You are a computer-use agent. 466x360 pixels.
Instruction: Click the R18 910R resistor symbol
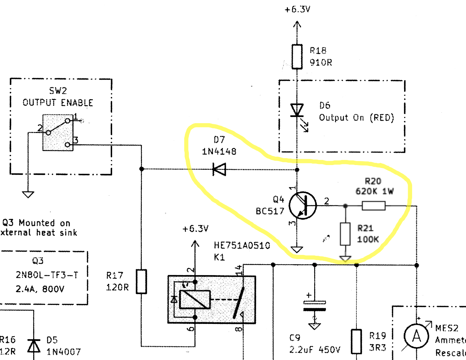click(297, 56)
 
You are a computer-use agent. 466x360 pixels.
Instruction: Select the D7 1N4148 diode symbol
click(219, 169)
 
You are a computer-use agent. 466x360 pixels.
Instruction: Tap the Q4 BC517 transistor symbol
click(303, 206)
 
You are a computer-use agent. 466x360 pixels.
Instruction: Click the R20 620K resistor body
click(374, 206)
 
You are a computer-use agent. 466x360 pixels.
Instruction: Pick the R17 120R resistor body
click(141, 282)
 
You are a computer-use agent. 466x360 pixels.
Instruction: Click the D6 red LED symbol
click(297, 111)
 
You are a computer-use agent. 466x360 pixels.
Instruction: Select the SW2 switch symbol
click(58, 132)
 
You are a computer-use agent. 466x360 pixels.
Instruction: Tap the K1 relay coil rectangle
click(195, 300)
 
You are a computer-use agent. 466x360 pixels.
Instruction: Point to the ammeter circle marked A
click(416, 336)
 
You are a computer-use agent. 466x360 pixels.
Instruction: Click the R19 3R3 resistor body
click(356, 341)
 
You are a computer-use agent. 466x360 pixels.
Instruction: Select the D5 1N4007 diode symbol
click(34, 345)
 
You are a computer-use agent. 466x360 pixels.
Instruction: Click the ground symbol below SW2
click(28, 194)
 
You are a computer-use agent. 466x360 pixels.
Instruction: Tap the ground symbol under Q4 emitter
click(297, 250)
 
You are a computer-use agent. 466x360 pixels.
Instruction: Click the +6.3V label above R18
click(297, 9)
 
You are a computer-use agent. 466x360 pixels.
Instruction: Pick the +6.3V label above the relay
click(195, 229)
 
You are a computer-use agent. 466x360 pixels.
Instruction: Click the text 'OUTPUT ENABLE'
click(58, 103)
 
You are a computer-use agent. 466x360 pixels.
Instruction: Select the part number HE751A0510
click(242, 245)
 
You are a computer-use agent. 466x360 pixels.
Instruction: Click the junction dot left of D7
click(142, 169)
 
